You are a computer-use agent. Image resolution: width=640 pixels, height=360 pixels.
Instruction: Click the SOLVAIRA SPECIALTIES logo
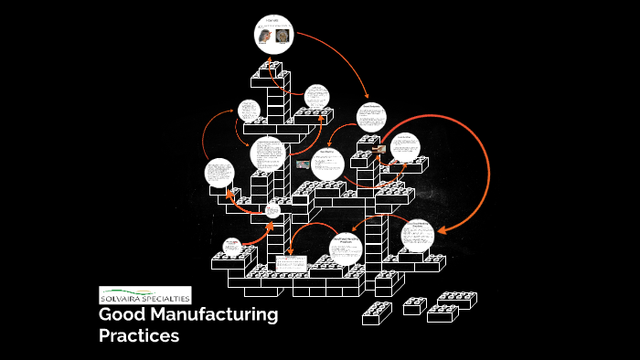pyautogui.click(x=145, y=296)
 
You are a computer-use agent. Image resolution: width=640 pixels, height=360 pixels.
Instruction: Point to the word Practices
pyautogui.click(x=139, y=336)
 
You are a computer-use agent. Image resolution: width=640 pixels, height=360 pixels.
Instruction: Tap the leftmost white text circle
pyautogui.click(x=219, y=174)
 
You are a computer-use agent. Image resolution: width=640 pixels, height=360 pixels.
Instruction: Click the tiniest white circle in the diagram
pyautogui.click(x=272, y=211)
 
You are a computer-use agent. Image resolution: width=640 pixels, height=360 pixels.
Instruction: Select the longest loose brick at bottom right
pyautogui.click(x=454, y=300)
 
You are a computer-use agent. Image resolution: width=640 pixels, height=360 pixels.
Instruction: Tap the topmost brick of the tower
pyautogui.click(x=271, y=70)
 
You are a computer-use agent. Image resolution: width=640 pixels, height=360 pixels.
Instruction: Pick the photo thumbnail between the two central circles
pyautogui.click(x=302, y=164)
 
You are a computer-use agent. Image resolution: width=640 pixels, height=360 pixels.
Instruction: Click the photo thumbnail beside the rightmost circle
pyautogui.click(x=379, y=149)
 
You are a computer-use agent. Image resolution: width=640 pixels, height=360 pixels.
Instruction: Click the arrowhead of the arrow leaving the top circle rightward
pyautogui.click(x=368, y=96)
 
